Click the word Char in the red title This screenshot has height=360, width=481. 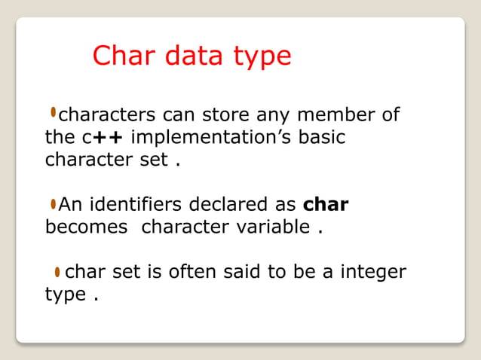(x=121, y=56)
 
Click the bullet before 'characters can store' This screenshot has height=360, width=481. (x=53, y=113)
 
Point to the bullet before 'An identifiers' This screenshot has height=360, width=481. (x=53, y=203)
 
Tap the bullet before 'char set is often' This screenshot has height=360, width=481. (x=57, y=271)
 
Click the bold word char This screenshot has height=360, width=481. (x=325, y=204)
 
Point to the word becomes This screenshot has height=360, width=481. (x=87, y=227)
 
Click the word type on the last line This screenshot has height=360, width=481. (x=66, y=294)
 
